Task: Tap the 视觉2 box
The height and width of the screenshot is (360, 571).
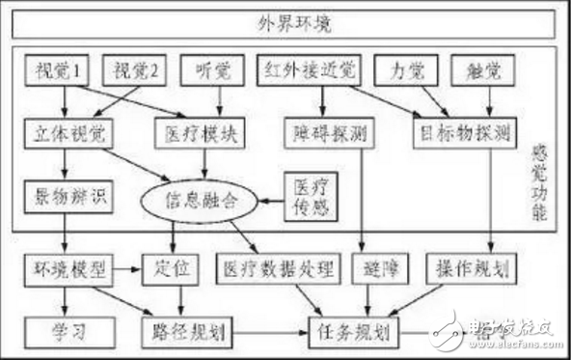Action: click(134, 69)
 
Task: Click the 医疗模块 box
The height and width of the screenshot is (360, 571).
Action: click(193, 130)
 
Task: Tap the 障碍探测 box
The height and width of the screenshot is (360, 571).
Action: click(320, 130)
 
